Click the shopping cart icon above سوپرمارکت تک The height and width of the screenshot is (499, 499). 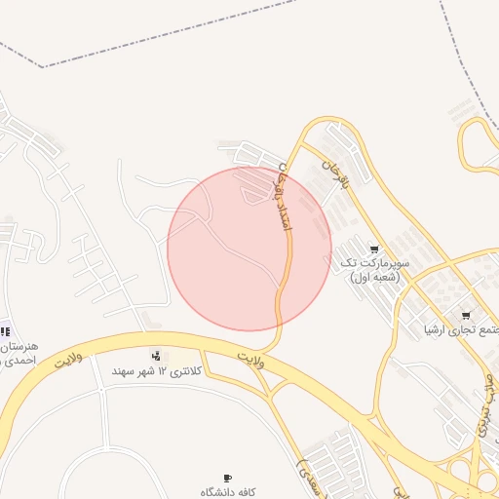(375, 249)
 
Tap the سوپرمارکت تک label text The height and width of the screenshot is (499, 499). (374, 263)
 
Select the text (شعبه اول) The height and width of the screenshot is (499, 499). (375, 277)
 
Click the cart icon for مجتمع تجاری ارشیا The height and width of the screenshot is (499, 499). (466, 315)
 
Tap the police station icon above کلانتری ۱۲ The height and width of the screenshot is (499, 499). (156, 355)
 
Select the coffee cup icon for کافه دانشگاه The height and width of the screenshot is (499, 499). (228, 478)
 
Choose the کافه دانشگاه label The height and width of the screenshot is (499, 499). (228, 492)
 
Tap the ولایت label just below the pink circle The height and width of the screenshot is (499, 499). (250, 361)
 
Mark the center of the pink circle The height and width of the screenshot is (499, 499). (249, 249)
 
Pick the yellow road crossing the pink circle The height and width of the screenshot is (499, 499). (286, 263)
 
